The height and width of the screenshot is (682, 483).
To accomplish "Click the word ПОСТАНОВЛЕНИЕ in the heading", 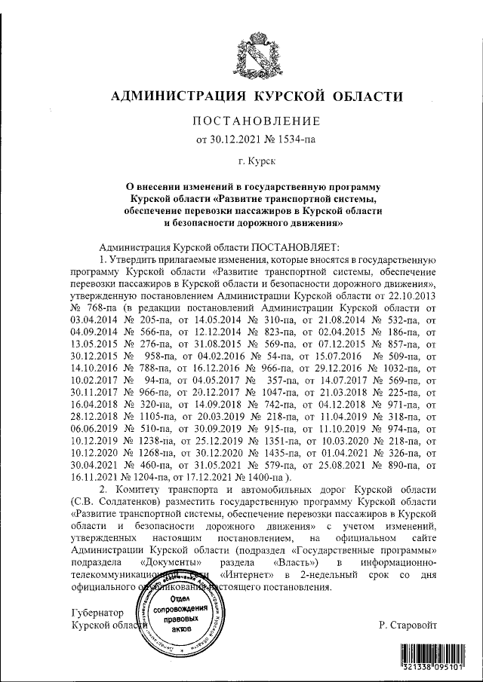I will point(257,121).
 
